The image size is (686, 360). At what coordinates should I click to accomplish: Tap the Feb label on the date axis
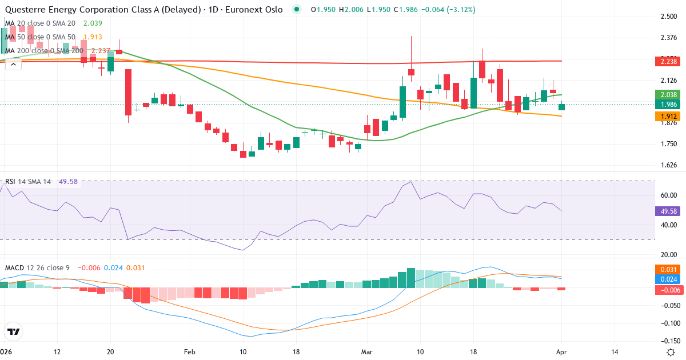[190, 351]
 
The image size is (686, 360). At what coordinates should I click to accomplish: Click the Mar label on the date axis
[366, 351]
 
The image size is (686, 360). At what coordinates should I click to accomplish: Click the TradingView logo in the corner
[13, 331]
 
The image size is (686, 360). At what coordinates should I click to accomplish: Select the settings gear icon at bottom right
[672, 351]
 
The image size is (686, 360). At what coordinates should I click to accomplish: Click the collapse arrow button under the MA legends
[13, 65]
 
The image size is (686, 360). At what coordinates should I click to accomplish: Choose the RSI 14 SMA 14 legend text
[29, 182]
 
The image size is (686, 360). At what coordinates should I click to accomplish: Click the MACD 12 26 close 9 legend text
[38, 267]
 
